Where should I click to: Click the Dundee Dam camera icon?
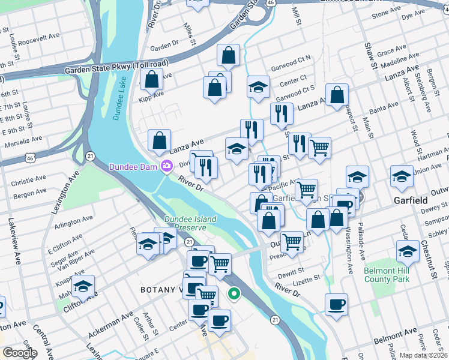tap(164, 166)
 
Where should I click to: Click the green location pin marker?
tap(235, 294)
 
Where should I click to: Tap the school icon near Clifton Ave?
tap(83, 285)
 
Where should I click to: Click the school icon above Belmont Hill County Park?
tap(408, 250)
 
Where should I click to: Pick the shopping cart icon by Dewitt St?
tap(292, 241)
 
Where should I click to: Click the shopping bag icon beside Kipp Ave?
tap(152, 79)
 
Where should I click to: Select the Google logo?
tap(19, 353)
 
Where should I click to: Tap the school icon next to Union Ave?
tap(402, 176)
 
